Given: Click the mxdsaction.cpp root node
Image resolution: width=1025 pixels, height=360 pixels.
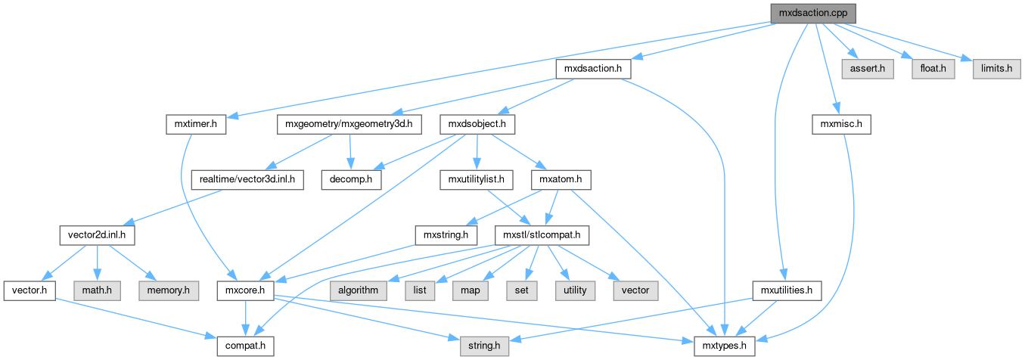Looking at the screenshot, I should point(812,13).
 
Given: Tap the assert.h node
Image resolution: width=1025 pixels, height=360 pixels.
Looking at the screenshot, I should point(867,69).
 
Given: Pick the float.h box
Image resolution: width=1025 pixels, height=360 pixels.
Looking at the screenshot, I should point(927,69).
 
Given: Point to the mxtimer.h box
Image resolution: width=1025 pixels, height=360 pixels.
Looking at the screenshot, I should point(196,125).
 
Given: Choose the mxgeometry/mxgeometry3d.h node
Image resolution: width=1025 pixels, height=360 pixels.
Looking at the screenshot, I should point(349,125).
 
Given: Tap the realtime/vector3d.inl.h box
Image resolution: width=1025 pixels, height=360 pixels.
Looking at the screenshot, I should point(247,180).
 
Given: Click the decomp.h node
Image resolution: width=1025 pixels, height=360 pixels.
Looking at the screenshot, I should point(349,180).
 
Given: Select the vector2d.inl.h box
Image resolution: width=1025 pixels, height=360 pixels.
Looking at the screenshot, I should point(97,235).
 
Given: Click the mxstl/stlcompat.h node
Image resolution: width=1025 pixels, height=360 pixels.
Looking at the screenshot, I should point(542,235).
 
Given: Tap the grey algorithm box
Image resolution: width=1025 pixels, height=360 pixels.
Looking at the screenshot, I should point(358,290).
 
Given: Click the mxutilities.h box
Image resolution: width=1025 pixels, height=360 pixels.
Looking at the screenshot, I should point(787,290).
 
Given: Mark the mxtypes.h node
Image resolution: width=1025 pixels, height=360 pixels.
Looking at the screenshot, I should point(725,346).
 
